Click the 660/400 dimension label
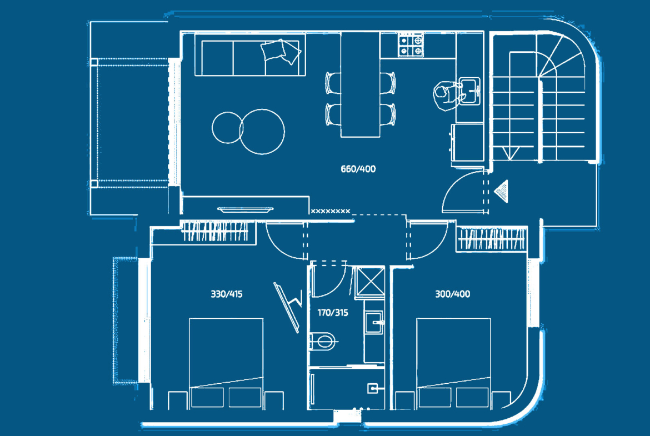point(358,169)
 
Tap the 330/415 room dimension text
point(226,294)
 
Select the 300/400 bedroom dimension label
point(452,294)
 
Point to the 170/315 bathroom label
point(332,313)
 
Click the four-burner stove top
point(411,45)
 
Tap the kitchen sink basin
point(469,91)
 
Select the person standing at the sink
point(447,96)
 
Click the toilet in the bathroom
point(323,342)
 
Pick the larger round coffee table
point(262,132)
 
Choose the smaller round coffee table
point(227,128)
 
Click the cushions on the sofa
point(281,52)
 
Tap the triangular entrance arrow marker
point(501,191)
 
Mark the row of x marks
point(331,212)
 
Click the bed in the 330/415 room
point(226,363)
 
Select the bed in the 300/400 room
point(453,363)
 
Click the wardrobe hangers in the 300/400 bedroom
point(491,239)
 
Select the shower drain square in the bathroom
point(373,388)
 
